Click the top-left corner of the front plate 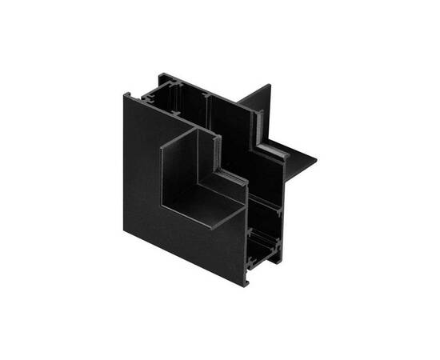[124, 95]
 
